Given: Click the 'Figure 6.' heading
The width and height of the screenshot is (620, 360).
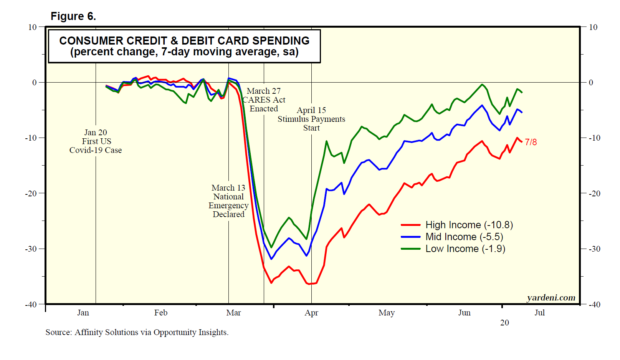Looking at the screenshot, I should (73, 17).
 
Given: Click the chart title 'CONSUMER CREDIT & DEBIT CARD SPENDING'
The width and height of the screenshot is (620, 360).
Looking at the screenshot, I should (184, 41).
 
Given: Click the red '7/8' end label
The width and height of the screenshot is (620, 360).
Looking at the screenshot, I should (531, 142).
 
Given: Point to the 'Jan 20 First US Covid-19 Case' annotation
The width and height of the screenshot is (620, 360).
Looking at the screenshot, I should (96, 141).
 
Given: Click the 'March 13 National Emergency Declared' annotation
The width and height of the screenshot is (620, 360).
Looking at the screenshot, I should (228, 201).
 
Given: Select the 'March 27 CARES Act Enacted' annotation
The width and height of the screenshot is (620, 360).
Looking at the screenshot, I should (264, 100).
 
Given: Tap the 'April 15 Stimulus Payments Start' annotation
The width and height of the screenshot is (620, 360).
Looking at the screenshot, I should (311, 119).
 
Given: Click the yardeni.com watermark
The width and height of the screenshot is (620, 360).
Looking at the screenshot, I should (551, 298).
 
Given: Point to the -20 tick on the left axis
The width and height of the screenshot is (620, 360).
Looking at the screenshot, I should (31, 193).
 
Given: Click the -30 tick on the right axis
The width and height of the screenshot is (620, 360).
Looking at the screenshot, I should (595, 249).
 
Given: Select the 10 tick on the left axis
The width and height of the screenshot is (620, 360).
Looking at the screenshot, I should (32, 27).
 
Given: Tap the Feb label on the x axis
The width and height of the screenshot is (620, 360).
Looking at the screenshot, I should (161, 313).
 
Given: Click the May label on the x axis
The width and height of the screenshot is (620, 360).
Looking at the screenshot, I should (386, 313).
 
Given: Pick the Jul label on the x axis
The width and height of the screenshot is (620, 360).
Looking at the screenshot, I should (539, 313).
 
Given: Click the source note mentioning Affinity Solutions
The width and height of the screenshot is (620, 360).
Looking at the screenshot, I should (137, 332).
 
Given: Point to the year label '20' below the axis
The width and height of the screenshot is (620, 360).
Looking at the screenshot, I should (504, 323).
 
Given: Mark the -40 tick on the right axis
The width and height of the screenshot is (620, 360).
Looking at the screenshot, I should (595, 305).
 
